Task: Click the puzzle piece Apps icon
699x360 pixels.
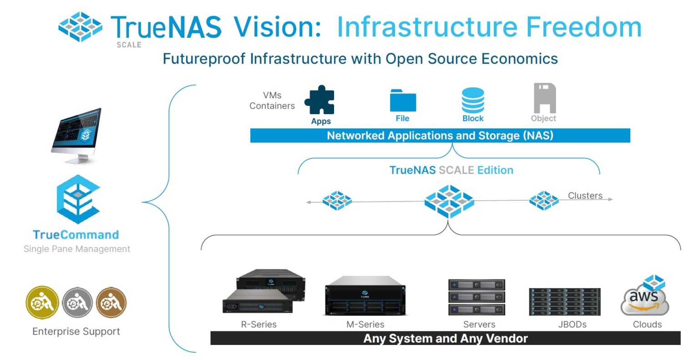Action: coord(319,100)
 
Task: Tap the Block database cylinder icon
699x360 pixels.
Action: coord(473,100)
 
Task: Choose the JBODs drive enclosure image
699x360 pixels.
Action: coord(565,301)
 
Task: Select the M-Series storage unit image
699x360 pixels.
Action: coord(365,296)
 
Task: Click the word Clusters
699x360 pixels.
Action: coord(585,196)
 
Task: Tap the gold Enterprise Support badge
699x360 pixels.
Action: coord(42,303)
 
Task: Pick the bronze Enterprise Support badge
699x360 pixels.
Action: coord(111,303)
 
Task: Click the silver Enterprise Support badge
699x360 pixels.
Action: coord(77,303)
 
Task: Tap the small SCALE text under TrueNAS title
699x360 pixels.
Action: coord(129,45)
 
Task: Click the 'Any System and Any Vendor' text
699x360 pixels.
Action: coord(445,339)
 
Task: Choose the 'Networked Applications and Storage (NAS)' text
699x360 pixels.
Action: coord(440,136)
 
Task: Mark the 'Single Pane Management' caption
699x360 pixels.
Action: coord(77,249)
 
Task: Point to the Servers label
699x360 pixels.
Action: coord(479,325)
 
